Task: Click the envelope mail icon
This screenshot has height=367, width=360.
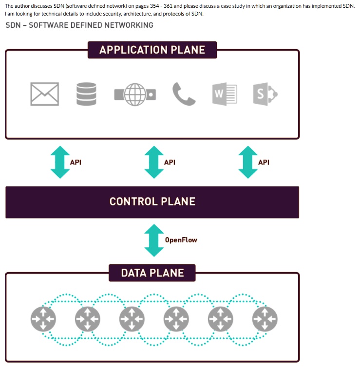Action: [44, 94]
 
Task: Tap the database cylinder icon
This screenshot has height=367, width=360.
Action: [86, 94]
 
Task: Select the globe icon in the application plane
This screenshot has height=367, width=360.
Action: [135, 94]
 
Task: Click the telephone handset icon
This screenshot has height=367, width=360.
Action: [184, 94]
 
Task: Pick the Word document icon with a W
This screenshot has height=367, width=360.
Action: [225, 94]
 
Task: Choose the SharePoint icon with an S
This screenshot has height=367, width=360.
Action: [265, 94]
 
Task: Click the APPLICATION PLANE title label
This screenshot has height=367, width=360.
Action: [152, 50]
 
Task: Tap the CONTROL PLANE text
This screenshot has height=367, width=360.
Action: [152, 202]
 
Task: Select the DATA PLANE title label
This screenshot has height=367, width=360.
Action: [152, 273]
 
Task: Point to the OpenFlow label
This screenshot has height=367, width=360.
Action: [181, 240]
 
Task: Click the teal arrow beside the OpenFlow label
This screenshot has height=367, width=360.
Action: [154, 240]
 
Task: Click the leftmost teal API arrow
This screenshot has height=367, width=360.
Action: [60, 162]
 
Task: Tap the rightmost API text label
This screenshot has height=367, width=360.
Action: [264, 162]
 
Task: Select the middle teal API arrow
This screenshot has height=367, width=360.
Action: [154, 162]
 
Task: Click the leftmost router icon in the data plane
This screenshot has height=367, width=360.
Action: [43, 319]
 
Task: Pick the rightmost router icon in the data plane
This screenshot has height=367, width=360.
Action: [265, 319]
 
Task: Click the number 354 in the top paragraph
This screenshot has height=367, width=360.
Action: [154, 6]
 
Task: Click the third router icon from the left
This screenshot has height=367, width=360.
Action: [132, 319]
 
